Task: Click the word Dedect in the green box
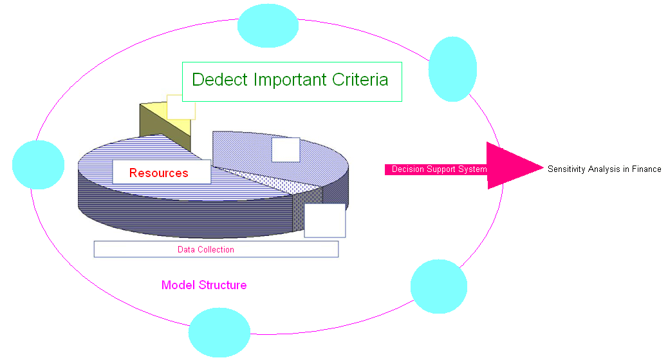[x=219, y=80]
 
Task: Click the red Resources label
[x=158, y=173]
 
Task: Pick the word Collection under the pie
[x=216, y=250]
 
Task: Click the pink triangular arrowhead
[x=512, y=166]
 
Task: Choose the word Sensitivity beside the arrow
[x=566, y=169]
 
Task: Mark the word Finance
[x=645, y=169]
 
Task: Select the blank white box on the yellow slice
[x=181, y=107]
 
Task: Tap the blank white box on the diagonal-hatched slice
[x=285, y=149]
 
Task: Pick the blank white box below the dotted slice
[x=324, y=221]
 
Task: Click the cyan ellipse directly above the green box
[x=268, y=26]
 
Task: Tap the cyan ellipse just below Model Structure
[x=219, y=332]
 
